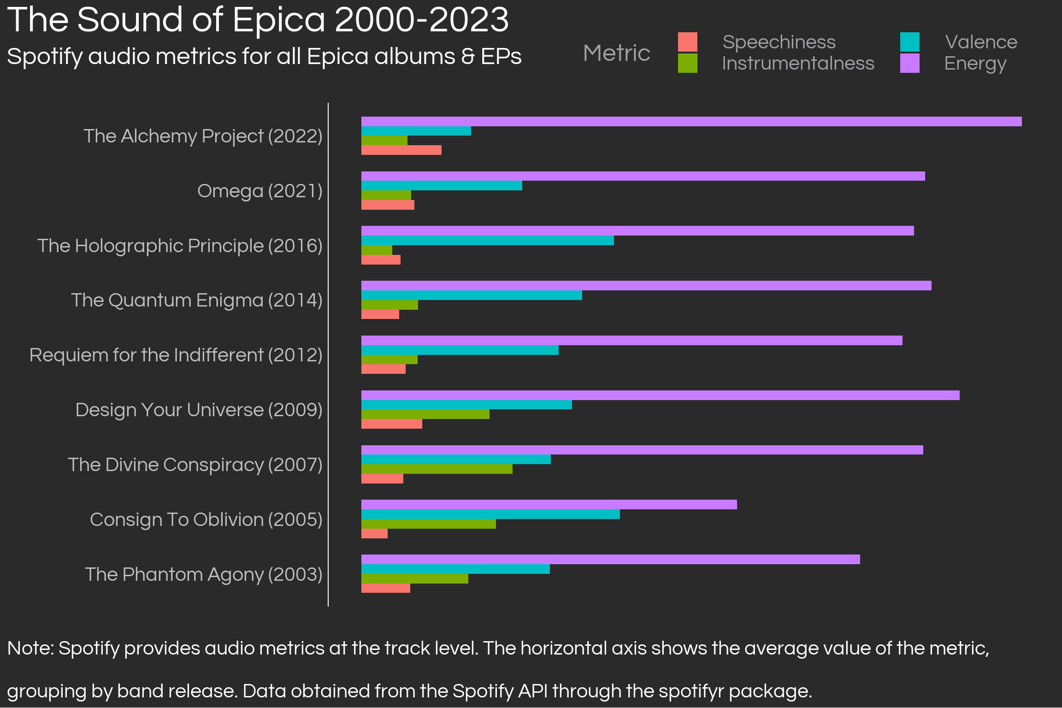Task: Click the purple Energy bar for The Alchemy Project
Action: pyautogui.click(x=691, y=121)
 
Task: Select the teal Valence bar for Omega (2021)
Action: pyautogui.click(x=442, y=185)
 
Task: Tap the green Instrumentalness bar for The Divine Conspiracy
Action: pyautogui.click(x=437, y=469)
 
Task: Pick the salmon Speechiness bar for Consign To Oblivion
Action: pyautogui.click(x=374, y=533)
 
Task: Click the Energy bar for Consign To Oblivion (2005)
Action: pyautogui.click(x=549, y=504)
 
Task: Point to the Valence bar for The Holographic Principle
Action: pyautogui.click(x=487, y=240)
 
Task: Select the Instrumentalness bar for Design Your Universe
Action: pyautogui.click(x=425, y=414)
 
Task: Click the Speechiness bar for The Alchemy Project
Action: pyautogui.click(x=401, y=150)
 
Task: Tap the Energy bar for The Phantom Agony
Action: pyautogui.click(x=610, y=559)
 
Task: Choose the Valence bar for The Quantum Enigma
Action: pyautogui.click(x=472, y=295)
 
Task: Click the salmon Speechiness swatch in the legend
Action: pyautogui.click(x=687, y=42)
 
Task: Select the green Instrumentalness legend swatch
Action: pyautogui.click(x=687, y=63)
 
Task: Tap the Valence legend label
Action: pyautogui.click(x=981, y=42)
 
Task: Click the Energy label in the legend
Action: pyautogui.click(x=975, y=64)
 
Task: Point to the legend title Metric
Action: pyautogui.click(x=616, y=53)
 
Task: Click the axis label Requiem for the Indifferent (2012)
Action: pyautogui.click(x=176, y=355)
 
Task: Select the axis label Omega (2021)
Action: pyautogui.click(x=260, y=191)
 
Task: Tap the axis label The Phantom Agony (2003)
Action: pyautogui.click(x=203, y=574)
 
